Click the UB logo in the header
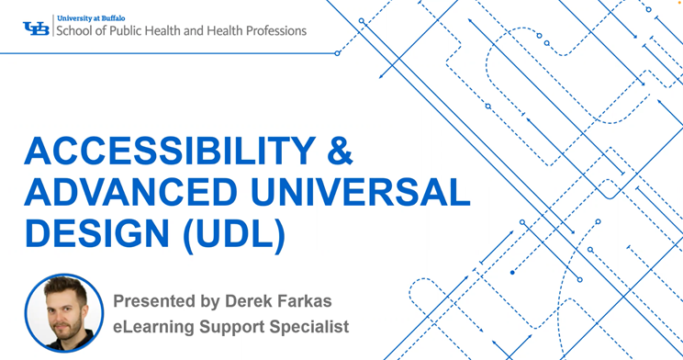(x=37, y=28)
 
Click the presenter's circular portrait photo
(x=63, y=313)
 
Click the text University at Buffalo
(x=91, y=17)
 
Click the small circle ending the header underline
(x=337, y=53)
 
